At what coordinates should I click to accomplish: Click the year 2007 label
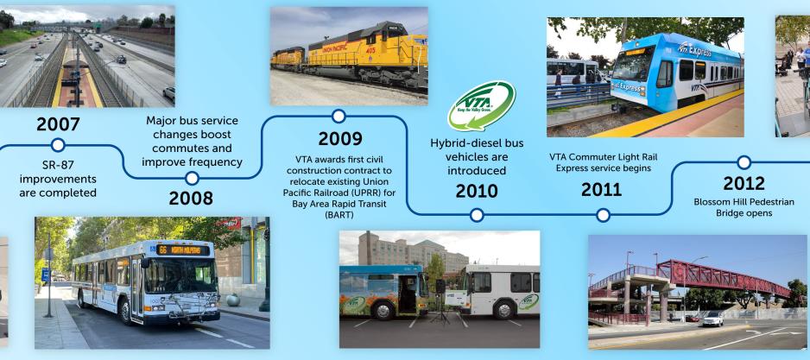(x=58, y=124)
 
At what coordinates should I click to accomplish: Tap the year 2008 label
(x=191, y=199)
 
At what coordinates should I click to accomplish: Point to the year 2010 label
(x=478, y=190)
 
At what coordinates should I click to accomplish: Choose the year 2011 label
(x=602, y=189)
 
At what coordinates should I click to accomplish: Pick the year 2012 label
(x=744, y=182)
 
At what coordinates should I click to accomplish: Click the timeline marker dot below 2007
(x=58, y=144)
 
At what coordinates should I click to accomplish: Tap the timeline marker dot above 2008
(x=192, y=179)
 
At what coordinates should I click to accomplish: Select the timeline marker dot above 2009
(x=339, y=116)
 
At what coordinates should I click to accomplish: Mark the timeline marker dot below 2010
(x=478, y=213)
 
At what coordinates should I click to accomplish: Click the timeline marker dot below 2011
(x=603, y=213)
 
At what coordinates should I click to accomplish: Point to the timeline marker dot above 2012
(x=744, y=162)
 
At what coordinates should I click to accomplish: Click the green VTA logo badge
(x=481, y=105)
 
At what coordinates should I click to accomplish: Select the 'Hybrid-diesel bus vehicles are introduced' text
(x=476, y=156)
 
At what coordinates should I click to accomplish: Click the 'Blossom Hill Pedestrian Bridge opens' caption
(x=744, y=207)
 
